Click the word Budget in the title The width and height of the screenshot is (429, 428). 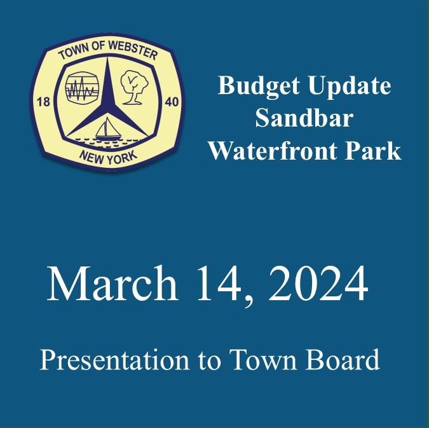point(250,86)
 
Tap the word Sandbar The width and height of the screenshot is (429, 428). point(304,119)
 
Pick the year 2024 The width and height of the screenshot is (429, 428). point(317,284)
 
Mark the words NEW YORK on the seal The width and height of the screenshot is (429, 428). point(106,155)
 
